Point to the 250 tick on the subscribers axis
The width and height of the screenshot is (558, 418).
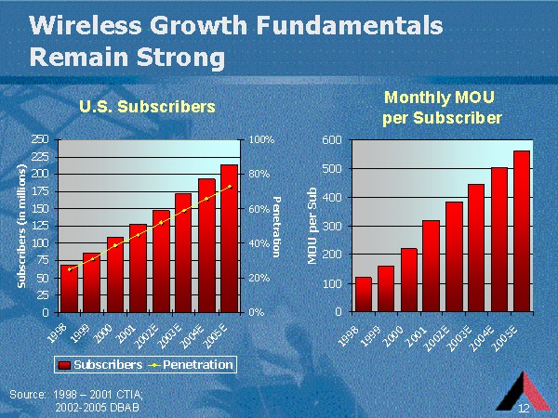pos(39,138)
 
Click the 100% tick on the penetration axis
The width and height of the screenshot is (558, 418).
pos(261,138)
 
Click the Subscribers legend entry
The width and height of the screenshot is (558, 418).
pos(103,364)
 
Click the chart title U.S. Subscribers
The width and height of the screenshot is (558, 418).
pos(146,107)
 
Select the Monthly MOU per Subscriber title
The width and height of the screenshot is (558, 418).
pos(443,107)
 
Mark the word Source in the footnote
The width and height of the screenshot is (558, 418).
pos(27,395)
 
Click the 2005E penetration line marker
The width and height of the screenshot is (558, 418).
pos(229,187)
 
